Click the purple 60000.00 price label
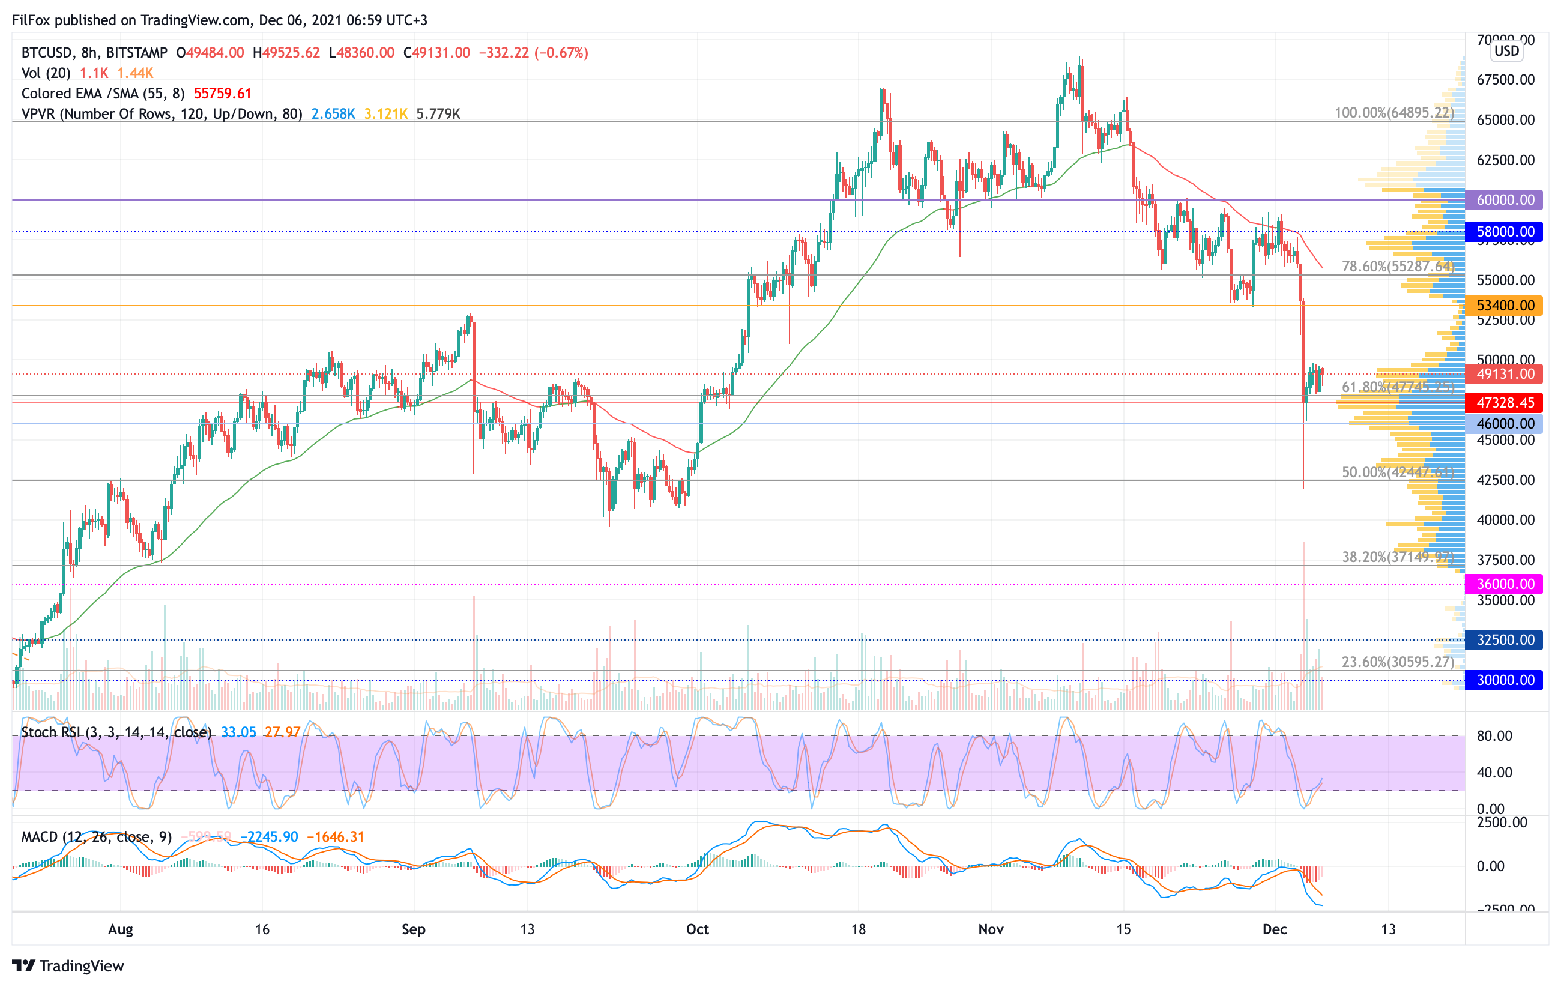click(x=1504, y=199)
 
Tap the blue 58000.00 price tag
click(x=1504, y=231)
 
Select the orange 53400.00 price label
click(x=1504, y=305)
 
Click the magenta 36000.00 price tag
click(x=1504, y=584)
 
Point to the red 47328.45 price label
click(x=1504, y=402)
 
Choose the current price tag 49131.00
click(x=1504, y=374)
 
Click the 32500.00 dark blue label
click(x=1504, y=639)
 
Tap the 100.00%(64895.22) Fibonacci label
click(x=1393, y=113)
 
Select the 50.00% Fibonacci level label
click(x=1397, y=472)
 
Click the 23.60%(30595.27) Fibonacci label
click(x=1397, y=662)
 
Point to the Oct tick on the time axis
click(x=697, y=929)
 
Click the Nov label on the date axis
click(x=991, y=929)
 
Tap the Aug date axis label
click(x=121, y=929)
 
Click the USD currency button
click(x=1506, y=50)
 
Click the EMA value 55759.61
click(x=222, y=93)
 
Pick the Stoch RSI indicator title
click(x=116, y=732)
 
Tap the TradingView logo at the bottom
click(x=68, y=965)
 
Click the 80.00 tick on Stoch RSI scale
click(x=1494, y=735)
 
